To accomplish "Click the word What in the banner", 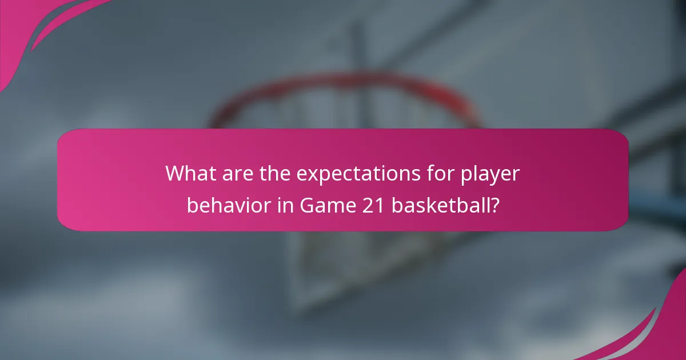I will tap(189, 174).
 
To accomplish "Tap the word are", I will tap(234, 174).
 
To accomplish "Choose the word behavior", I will tap(226, 205).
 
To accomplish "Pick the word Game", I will tap(322, 205).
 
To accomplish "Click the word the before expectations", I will tap(274, 174).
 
